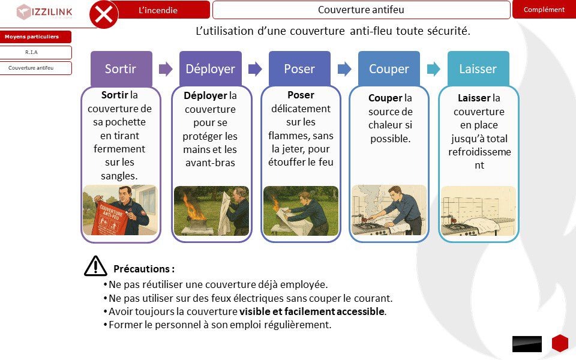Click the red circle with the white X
pos(104,14)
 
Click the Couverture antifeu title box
pos(361,10)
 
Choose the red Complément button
pos(544,10)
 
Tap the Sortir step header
pos(121,69)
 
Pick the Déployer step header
pos(210,69)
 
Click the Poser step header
pos(299,69)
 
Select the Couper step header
pos(389,69)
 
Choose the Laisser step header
pos(478,69)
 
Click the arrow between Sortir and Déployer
pos(166,69)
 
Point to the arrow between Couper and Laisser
pos(433,69)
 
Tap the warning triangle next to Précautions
pos(95,266)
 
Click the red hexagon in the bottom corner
pos(560,343)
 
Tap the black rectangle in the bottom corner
pos(527,344)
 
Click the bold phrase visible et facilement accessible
pos(312,311)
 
